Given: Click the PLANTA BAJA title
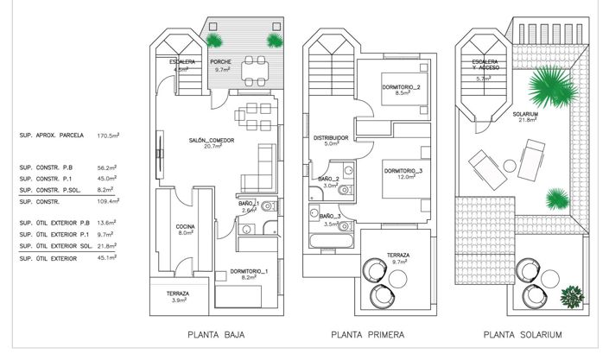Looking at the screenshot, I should [216, 335].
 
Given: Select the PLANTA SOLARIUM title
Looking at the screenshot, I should [523, 335].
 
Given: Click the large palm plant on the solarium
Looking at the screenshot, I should [546, 86].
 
